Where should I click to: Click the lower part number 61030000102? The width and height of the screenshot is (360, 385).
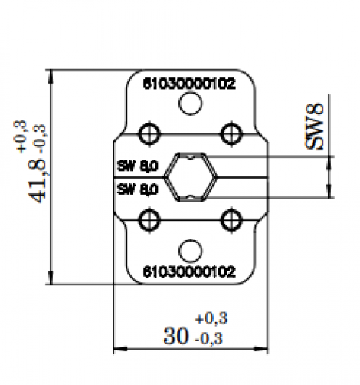tap(189, 271)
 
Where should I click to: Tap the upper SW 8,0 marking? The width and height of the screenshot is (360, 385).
tap(137, 165)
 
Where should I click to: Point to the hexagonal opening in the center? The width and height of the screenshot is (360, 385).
tap(191, 177)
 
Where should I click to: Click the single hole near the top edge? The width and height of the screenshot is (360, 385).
tap(190, 104)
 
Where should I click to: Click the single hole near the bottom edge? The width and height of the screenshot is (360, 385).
tap(190, 249)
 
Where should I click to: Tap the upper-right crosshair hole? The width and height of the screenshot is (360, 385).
tap(229, 133)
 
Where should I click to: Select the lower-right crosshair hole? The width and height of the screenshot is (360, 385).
tap(229, 221)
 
